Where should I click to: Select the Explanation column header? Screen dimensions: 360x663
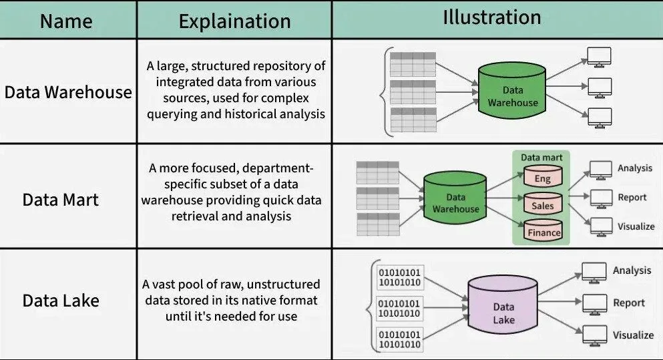234,21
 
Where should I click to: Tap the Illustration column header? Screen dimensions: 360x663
492,18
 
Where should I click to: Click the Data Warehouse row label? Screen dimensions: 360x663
68,92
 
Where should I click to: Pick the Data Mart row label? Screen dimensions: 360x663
61,200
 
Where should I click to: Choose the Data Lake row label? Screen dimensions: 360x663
61,301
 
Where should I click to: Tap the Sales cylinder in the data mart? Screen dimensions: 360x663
543,205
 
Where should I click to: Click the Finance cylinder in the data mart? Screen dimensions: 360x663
543,232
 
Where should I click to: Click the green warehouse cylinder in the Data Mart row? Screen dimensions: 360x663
455,201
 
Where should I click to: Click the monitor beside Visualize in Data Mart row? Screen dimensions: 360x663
602,226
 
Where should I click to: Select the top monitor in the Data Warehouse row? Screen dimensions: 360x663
598,57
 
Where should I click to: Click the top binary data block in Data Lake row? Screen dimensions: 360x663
399,277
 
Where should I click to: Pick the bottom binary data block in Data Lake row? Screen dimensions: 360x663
399,339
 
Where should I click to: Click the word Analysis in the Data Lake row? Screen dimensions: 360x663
632,271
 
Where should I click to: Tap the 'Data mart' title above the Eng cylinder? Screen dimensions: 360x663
541,158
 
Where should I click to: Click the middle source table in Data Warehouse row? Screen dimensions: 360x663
413,91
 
